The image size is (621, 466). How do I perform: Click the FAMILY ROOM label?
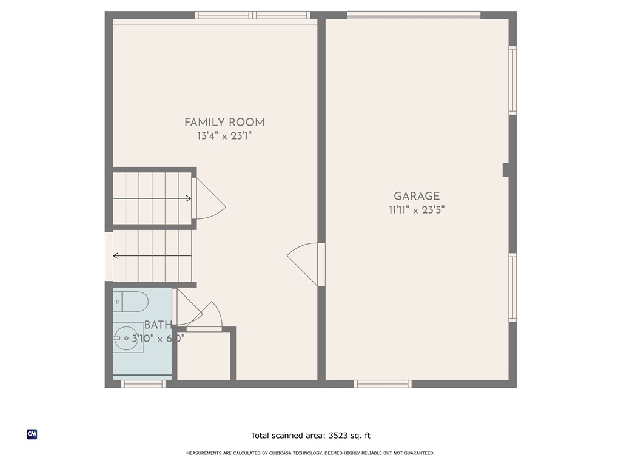[x=224, y=123]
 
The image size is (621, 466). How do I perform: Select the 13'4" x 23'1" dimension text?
[x=224, y=137]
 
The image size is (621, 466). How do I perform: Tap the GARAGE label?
[x=417, y=196]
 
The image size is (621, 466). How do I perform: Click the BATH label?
[x=158, y=325]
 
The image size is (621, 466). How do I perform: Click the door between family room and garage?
[x=306, y=264]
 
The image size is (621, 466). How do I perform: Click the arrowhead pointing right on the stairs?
[x=189, y=198]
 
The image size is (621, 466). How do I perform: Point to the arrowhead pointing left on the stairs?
[x=116, y=256]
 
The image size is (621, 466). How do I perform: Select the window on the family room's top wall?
[x=252, y=15]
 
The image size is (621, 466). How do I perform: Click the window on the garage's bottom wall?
[x=383, y=383]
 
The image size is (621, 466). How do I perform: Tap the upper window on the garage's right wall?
[x=512, y=81]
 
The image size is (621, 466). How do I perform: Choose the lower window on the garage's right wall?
[x=512, y=287]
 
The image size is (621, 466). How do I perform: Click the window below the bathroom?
[x=143, y=383]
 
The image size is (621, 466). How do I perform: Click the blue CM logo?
[x=32, y=434]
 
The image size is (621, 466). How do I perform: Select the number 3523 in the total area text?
[x=340, y=436]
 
